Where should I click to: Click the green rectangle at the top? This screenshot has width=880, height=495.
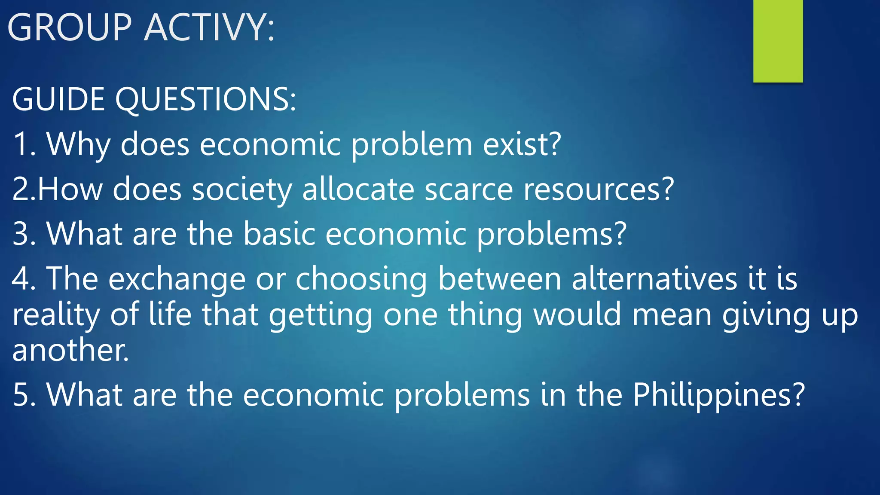tap(778, 41)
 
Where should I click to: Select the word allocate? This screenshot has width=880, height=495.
tap(358, 189)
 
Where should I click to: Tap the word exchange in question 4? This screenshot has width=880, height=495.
tap(177, 279)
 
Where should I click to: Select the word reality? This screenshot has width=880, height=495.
tap(56, 315)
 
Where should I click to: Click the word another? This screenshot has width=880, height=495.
tap(70, 351)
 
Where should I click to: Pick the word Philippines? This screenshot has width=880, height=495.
tap(718, 395)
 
